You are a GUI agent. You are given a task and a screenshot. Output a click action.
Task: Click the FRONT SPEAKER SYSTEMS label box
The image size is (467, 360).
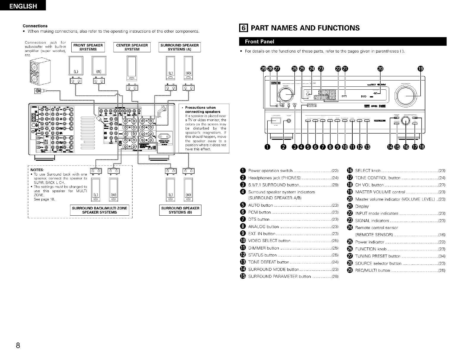coord(88,47)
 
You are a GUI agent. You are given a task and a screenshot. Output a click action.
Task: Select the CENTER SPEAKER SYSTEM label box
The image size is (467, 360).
coord(132,47)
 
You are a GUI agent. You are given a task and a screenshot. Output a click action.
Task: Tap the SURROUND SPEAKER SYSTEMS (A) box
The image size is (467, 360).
coord(179,47)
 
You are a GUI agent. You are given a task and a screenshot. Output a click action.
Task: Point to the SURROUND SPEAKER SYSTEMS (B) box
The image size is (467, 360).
coord(180,210)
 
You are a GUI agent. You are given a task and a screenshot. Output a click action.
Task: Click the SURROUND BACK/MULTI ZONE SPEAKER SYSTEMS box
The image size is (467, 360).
coord(100,210)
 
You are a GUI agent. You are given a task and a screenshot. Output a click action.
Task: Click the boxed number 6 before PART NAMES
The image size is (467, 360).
coord(244,28)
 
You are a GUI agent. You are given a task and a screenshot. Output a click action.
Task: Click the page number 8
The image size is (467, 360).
coord(18,346)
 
